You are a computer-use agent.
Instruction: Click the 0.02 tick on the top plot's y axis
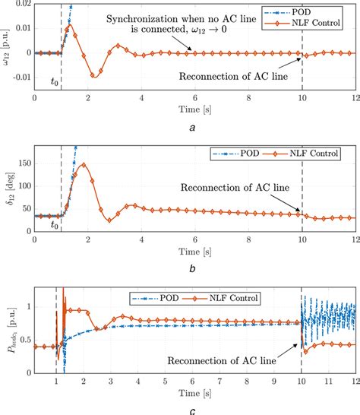[21, 5]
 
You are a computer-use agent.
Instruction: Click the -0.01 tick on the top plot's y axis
[17, 77]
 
